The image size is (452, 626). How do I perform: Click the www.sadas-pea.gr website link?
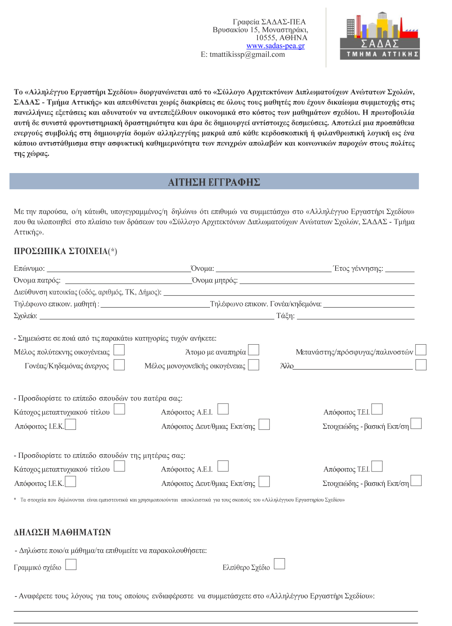coord(275,46)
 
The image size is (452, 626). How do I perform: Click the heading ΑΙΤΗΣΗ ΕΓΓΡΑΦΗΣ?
coord(214,182)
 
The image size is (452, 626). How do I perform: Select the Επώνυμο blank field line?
coord(118,269)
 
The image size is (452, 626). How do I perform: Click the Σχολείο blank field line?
coord(156,317)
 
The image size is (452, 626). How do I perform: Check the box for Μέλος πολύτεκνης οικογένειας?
coord(119,350)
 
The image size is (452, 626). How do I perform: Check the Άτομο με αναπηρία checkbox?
coord(253,350)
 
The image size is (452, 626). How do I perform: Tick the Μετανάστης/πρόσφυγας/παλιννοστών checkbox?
coord(421,350)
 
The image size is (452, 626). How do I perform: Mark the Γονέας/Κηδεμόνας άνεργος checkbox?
coord(119,365)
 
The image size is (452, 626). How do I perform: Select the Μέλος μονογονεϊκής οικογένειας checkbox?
coord(253,365)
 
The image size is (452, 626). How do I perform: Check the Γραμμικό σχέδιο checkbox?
coord(71,565)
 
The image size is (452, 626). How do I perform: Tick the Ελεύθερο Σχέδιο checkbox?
coord(279,564)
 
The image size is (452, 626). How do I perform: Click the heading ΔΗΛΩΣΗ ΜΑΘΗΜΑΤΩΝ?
coord(62,532)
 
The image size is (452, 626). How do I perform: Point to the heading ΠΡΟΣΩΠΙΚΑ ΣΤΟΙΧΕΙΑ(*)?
coord(65,251)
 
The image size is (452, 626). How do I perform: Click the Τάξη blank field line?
coord(355,317)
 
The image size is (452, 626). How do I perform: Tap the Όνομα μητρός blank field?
coord(326,281)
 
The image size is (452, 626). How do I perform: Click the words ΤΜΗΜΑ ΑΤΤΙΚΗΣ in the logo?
coord(382,55)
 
